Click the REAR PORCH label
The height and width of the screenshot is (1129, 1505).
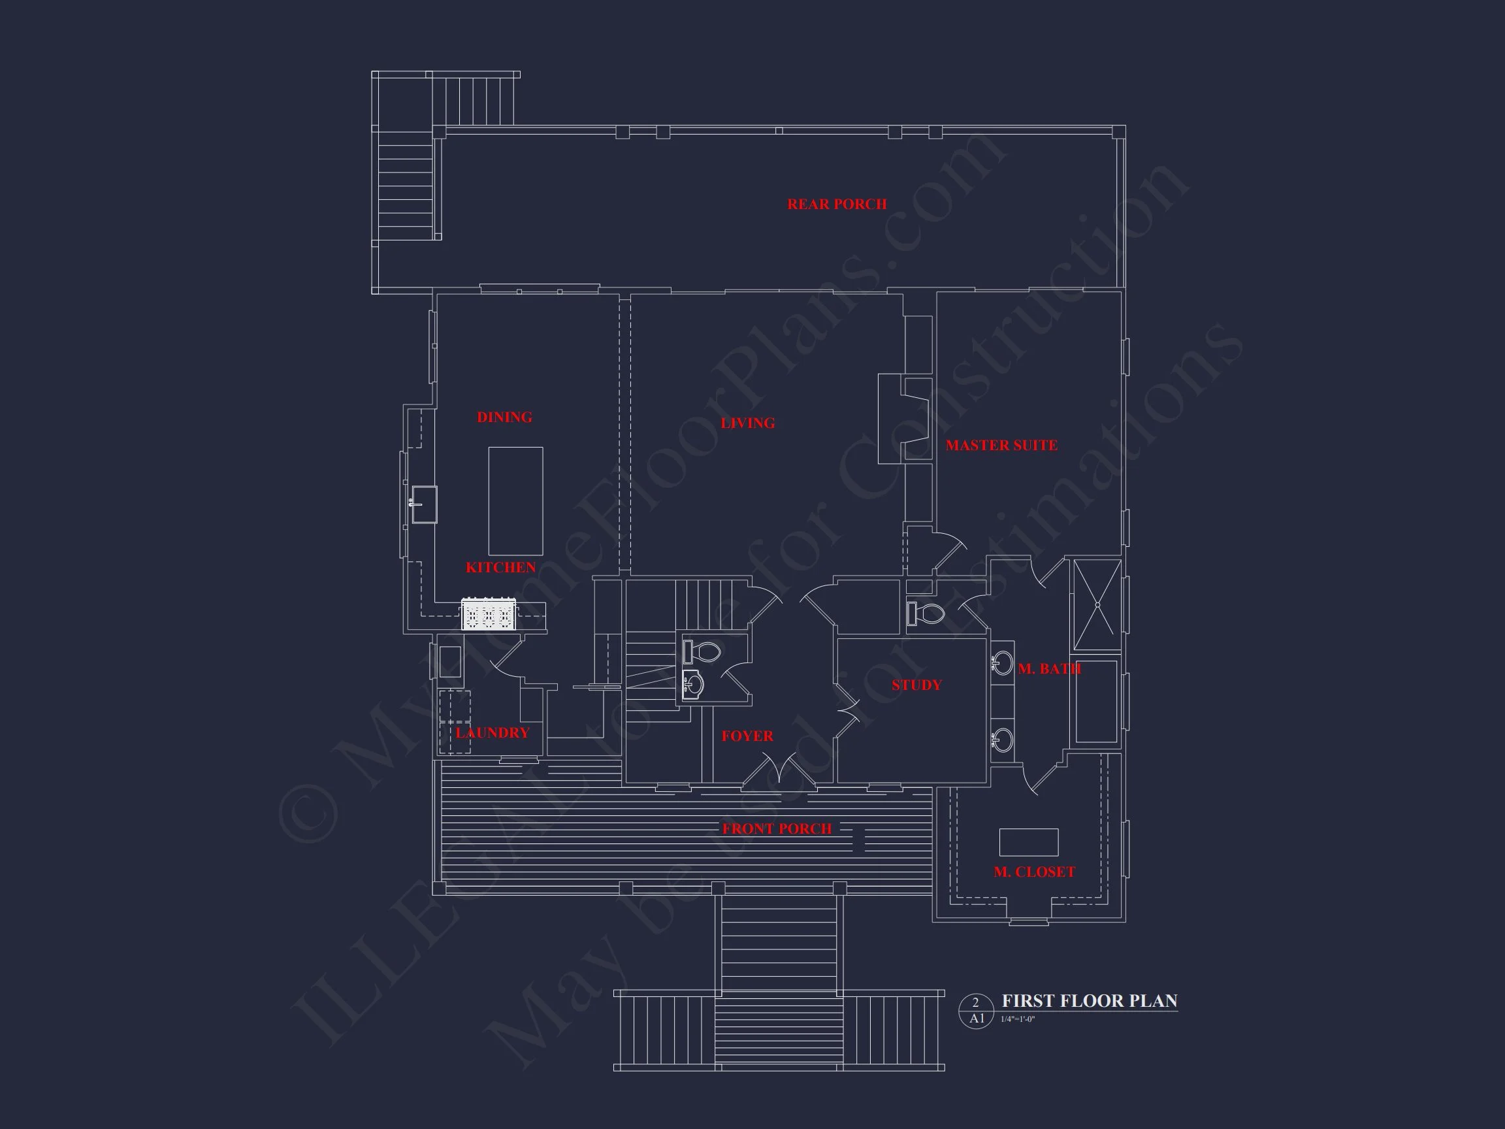tap(837, 204)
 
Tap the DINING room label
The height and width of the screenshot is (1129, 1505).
tap(504, 417)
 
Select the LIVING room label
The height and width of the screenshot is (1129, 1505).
tap(748, 423)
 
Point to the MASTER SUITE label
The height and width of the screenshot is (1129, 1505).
tap(1001, 446)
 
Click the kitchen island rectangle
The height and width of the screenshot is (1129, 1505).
tap(516, 501)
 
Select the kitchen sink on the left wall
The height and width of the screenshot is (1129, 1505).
tap(424, 504)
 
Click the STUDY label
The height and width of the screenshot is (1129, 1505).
tap(916, 685)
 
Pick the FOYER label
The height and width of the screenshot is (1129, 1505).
tap(747, 736)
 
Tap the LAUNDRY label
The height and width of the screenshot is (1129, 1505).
tap(492, 733)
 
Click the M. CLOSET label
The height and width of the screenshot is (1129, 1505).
tap(1034, 872)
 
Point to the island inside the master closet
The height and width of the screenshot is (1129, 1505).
tap(1028, 842)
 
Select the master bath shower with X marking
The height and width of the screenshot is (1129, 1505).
tap(1097, 605)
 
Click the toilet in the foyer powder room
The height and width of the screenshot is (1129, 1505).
tap(702, 652)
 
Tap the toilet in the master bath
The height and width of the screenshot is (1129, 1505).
tap(927, 613)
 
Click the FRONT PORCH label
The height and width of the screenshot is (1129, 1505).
tap(776, 829)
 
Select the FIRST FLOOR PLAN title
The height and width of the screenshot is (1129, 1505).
tap(1090, 1001)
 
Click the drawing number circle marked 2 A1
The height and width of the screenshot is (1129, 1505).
tap(977, 1011)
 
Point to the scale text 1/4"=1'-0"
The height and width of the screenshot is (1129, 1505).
tap(1018, 1019)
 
